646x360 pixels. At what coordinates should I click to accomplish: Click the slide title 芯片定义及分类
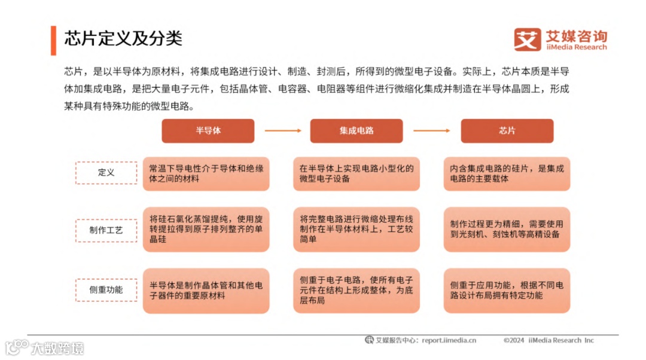coord(123,38)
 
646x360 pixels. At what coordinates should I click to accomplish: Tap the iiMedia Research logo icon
coord(527,39)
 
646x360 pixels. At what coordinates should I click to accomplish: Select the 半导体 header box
coord(208,130)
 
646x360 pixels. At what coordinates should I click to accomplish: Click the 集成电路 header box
coord(356,130)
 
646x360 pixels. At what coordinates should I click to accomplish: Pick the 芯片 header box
coord(507,130)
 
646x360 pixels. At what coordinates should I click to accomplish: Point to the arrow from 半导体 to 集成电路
coord(282,130)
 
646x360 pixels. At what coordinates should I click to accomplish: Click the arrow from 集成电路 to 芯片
coord(431,130)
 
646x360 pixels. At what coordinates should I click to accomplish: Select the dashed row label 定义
coord(106,173)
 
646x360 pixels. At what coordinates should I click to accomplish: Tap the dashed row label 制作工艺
coord(106,230)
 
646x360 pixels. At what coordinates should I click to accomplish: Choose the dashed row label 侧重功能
coord(106,289)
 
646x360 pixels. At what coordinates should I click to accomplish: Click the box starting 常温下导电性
coord(206,173)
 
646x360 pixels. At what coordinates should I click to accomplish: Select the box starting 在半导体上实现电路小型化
coord(356,173)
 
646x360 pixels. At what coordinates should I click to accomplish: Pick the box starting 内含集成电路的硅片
coord(507,173)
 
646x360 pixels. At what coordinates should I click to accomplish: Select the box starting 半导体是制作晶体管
coord(206,291)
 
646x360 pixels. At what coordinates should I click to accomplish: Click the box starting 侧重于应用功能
coord(507,291)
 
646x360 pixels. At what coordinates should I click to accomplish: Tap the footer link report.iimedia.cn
coord(449,340)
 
